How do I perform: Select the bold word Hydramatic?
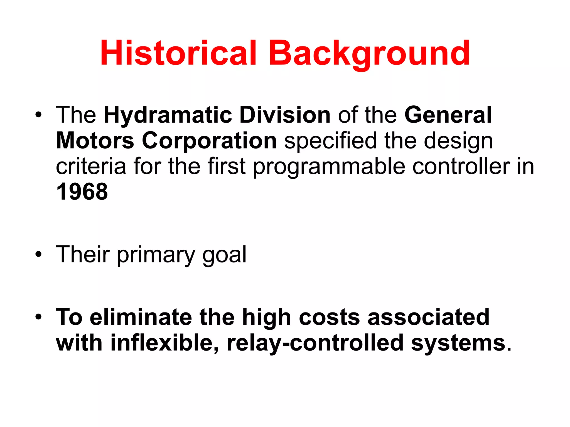[x=168, y=115]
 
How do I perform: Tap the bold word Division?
[x=285, y=115]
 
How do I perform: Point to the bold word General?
[x=448, y=115]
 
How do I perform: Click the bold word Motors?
[x=95, y=141]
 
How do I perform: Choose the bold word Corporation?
[x=209, y=141]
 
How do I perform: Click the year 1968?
[x=82, y=192]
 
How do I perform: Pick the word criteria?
[x=91, y=166]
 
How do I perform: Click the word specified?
[x=331, y=141]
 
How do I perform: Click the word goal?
[x=224, y=255]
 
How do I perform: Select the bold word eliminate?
[x=141, y=317]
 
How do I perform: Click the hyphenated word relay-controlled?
[x=315, y=343]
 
